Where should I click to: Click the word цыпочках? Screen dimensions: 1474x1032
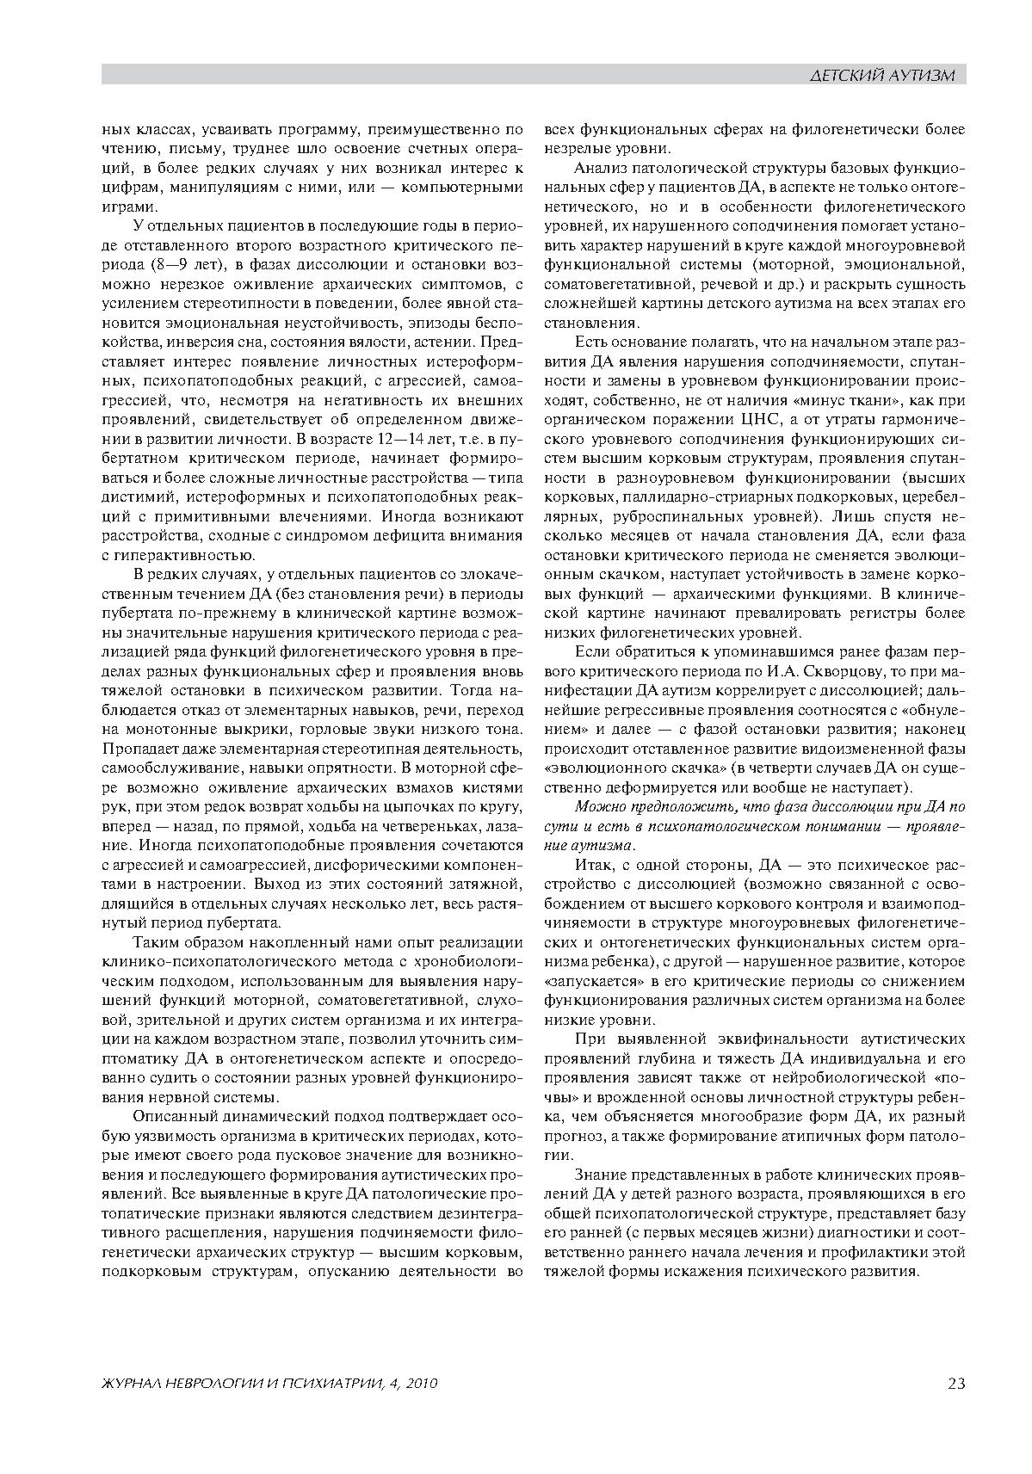pyautogui.click(x=398, y=805)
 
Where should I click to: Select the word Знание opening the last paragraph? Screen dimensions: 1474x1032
pyautogui.click(x=596, y=1175)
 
